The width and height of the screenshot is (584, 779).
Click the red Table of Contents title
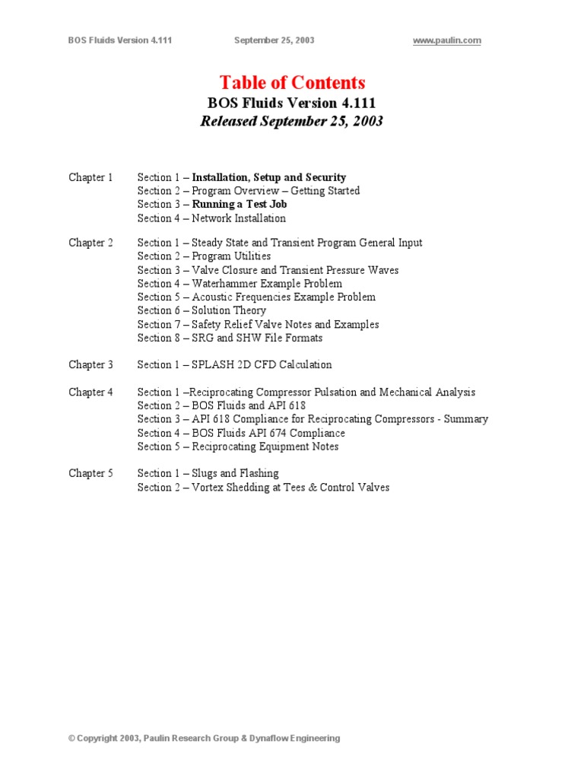[x=292, y=83]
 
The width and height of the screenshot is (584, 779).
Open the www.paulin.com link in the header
[x=446, y=40]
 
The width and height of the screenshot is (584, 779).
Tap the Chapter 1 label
[x=90, y=177]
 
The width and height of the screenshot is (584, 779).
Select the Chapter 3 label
[x=90, y=364]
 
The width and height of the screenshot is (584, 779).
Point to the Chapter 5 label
[x=90, y=473]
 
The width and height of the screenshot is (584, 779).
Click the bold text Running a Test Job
[x=240, y=205]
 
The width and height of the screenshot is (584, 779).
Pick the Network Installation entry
[x=239, y=218]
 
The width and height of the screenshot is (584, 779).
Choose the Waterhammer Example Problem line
[x=266, y=284]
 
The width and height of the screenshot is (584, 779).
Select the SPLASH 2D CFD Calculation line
[x=262, y=364]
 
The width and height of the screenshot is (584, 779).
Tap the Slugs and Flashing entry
[x=235, y=473]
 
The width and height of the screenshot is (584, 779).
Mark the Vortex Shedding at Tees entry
[x=290, y=487]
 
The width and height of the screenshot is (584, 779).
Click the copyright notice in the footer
[x=204, y=738]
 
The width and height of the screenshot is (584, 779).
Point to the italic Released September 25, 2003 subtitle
[x=292, y=121]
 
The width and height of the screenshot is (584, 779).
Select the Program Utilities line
[x=231, y=256]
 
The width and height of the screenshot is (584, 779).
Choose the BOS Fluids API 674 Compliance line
[x=268, y=433]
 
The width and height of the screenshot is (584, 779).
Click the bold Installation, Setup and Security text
[x=268, y=177]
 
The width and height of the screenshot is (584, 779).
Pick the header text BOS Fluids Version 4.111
[x=120, y=40]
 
